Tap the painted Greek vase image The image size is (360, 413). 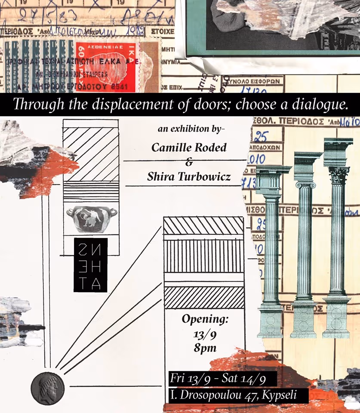[x=91, y=218]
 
